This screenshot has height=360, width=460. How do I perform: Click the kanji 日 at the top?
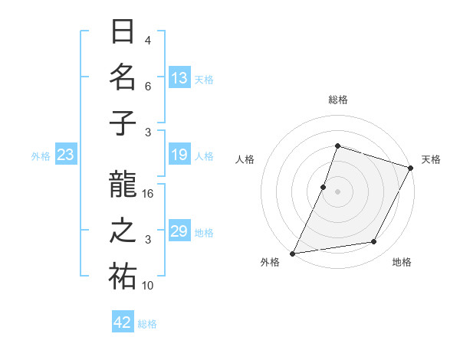coord(123,32)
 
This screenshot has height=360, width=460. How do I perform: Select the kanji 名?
coord(123,77)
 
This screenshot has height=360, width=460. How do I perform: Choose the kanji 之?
coord(123,231)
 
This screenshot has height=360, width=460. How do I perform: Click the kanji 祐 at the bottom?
coord(123,277)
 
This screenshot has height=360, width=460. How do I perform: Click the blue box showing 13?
coord(179,77)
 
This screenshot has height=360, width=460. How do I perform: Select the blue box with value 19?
coord(179,155)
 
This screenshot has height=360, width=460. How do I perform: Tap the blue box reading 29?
coord(179,231)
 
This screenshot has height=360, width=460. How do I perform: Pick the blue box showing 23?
coord(66,155)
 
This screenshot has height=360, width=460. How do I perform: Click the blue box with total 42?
coord(123,322)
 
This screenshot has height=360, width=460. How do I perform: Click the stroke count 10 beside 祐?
coord(148,286)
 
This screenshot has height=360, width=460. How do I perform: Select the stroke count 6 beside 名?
coord(148,87)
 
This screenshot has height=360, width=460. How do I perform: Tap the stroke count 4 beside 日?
coord(148,41)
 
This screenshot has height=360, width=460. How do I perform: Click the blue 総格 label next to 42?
coord(147,324)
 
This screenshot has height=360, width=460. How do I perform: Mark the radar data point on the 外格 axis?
coord(292,253)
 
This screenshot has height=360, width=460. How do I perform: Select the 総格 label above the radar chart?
coord(337,100)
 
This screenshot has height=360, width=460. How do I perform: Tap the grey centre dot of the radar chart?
coord(337,191)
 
